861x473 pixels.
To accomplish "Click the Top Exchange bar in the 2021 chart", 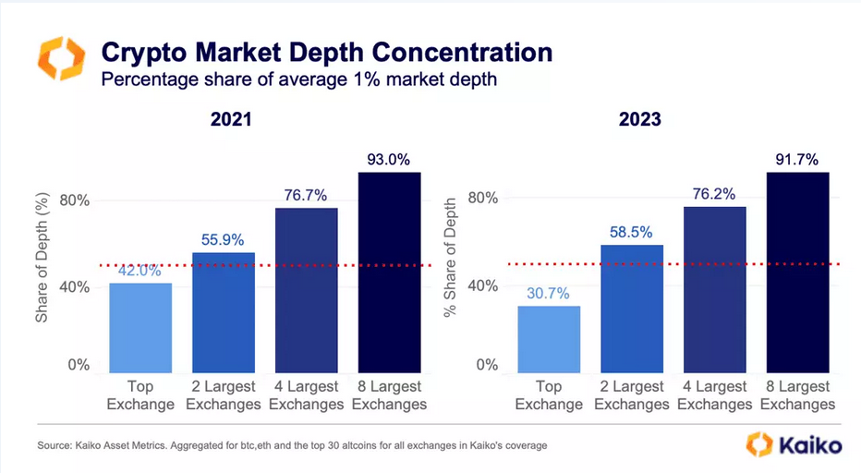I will click(140, 327).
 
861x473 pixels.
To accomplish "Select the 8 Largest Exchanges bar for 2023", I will click(798, 272).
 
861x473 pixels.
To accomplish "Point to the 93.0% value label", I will click(390, 158).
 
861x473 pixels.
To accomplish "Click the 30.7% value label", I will click(549, 292).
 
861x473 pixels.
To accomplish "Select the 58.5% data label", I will click(632, 231).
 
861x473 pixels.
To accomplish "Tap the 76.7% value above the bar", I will click(307, 194).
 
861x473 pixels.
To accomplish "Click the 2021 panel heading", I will click(232, 120).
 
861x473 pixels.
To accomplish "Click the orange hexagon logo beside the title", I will click(61, 59).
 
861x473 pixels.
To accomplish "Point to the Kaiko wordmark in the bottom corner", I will click(812, 445).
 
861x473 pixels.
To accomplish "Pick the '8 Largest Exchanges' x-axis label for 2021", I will click(389, 395).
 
